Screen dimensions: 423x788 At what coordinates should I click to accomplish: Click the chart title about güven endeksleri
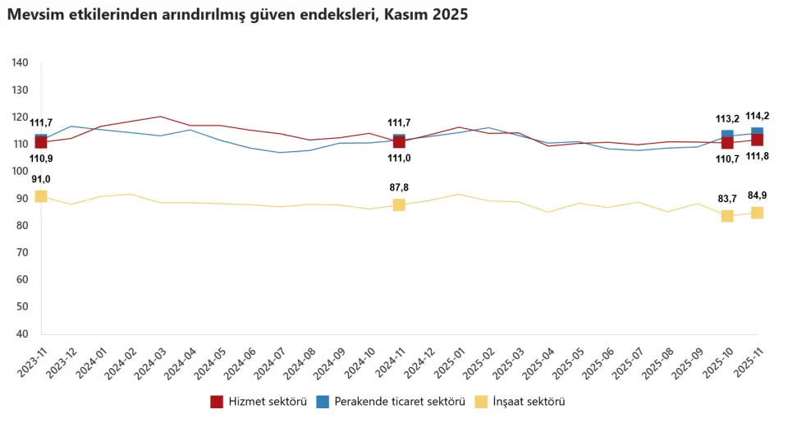pos(238,15)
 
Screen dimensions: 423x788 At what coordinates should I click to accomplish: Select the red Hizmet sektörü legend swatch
pos(217,402)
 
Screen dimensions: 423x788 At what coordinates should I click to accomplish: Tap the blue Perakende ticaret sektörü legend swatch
pos(323,402)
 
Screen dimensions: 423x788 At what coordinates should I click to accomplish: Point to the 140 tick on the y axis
pos(21,63)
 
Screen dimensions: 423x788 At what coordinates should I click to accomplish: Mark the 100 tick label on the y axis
pos(21,172)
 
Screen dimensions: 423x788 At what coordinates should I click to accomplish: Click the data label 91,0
pos(41,179)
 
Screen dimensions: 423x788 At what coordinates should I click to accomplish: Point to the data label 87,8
pos(399,187)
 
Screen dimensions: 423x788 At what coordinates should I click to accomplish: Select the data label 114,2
pos(757,116)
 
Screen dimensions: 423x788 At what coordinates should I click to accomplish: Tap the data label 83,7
pos(727,199)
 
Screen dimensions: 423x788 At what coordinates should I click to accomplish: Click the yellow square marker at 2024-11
pos(399,205)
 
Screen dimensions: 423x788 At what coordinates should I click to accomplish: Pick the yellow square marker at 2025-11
pos(757,213)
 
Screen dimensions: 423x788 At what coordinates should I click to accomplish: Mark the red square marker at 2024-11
pos(399,142)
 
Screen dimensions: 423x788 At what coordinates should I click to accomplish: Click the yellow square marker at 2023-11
pos(41,196)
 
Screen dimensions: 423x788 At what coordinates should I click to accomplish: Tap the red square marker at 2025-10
pos(727,143)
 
